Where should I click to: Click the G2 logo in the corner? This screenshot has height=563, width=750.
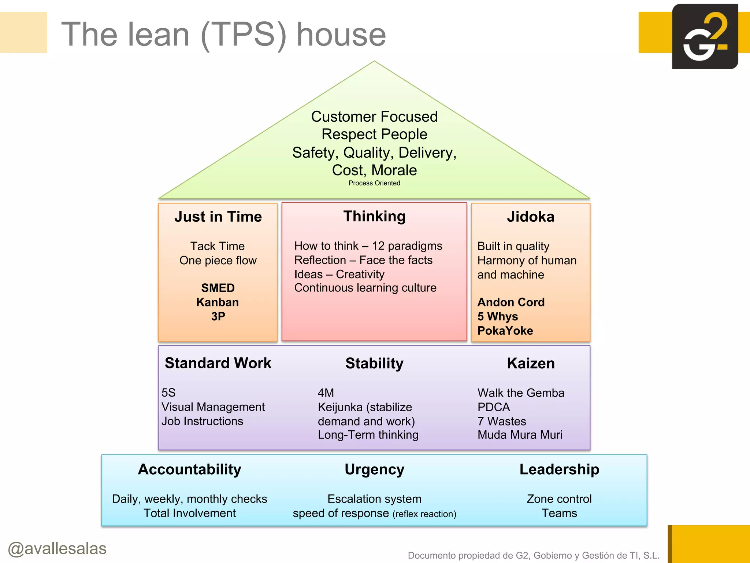tap(705, 37)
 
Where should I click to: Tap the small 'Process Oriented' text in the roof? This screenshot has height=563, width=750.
tap(374, 183)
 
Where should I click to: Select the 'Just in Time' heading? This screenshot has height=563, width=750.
tap(218, 217)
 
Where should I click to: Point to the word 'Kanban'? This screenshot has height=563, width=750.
tap(218, 302)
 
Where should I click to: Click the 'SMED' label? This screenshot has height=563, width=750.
tap(218, 288)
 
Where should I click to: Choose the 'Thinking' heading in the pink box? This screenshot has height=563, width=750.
tap(374, 216)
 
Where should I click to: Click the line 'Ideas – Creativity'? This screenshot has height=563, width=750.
tap(339, 274)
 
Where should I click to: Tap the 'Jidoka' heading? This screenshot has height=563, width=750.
tap(530, 217)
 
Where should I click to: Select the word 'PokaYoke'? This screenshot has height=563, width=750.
tap(505, 331)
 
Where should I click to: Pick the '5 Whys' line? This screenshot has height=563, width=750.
tap(497, 316)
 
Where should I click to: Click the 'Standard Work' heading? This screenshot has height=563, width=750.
tap(218, 363)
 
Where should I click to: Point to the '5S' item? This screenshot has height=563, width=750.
tap(168, 393)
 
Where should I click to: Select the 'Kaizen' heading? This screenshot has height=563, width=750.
tap(531, 363)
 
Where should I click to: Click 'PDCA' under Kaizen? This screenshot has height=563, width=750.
tap(493, 407)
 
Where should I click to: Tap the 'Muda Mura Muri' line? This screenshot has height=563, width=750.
tap(520, 435)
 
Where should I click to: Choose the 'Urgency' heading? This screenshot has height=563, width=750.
tap(374, 470)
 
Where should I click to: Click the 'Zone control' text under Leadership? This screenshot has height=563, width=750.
tap(559, 499)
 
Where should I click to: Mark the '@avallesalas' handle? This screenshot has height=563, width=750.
tap(57, 549)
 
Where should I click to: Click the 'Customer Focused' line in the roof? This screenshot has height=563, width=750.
tap(374, 117)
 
